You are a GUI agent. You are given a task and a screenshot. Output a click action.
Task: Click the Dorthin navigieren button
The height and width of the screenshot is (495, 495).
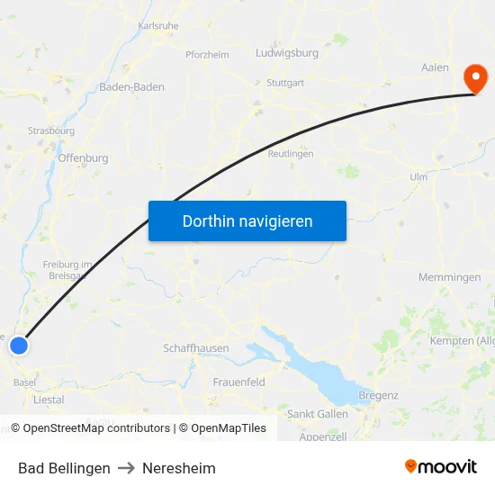[247, 220]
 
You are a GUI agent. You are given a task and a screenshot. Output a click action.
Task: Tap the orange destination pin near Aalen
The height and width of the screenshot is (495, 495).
[473, 78]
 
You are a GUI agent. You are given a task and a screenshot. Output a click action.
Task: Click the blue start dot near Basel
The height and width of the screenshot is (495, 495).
[19, 345]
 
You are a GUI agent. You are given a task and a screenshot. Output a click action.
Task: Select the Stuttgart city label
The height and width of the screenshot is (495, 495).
[285, 83]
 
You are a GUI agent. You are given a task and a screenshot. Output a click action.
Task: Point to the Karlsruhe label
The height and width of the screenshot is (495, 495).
[158, 26]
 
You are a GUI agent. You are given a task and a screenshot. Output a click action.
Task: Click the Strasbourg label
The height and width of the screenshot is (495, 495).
[51, 130]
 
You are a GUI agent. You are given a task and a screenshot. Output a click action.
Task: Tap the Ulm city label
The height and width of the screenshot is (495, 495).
[418, 177]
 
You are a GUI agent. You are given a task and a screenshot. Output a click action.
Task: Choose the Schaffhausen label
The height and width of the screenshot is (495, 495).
[196, 348]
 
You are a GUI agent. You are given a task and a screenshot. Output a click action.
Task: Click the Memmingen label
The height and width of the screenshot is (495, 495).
[450, 277]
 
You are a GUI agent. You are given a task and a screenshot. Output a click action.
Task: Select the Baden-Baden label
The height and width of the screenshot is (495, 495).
[131, 87]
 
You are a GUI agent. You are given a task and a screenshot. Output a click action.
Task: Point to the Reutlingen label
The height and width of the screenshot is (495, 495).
[291, 154]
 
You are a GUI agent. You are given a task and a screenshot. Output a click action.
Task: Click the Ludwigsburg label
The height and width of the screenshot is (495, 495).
[287, 53]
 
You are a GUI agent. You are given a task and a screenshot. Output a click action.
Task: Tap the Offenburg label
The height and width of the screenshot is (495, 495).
[83, 158]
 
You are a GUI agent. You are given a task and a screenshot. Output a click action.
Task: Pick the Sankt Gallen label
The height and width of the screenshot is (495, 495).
[318, 414]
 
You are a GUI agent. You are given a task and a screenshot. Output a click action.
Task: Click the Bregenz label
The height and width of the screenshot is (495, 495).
[378, 395]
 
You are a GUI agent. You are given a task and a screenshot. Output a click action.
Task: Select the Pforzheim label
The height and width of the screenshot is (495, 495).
[207, 55]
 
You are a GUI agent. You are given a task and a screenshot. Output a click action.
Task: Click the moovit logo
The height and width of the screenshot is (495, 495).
[441, 467]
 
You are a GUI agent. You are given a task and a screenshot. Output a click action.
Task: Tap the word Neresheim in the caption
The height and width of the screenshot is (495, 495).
[179, 468]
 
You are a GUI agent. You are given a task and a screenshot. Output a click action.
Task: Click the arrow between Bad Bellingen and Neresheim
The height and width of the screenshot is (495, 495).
[126, 468]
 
